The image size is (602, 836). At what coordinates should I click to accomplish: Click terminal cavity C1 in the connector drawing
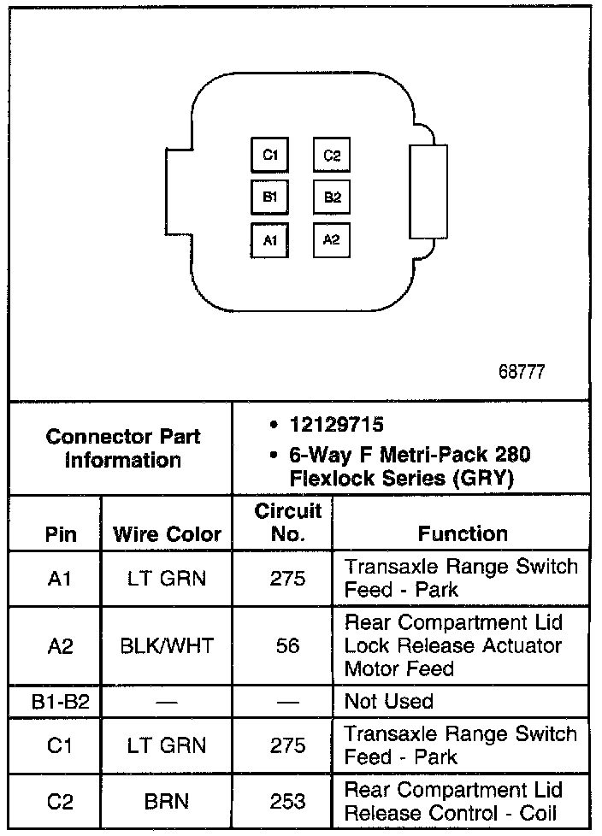coord(270,156)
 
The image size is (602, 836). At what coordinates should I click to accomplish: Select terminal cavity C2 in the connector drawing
coord(332,156)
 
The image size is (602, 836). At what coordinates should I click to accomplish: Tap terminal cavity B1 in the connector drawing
coord(270,197)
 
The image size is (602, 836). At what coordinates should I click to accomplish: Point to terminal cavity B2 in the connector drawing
coord(332,197)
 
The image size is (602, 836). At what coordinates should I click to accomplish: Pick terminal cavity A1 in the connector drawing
coord(270,240)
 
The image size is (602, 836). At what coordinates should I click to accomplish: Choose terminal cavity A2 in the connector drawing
coord(332,240)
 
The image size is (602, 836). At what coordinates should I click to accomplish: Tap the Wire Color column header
coord(167,535)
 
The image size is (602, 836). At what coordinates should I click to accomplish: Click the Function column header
coord(463,534)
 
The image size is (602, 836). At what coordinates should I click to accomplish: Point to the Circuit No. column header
coord(287,522)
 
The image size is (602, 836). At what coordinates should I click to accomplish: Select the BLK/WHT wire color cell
coord(167,645)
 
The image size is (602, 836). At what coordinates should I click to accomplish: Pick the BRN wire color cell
coord(167,801)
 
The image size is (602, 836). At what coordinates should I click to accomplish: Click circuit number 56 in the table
coord(287,645)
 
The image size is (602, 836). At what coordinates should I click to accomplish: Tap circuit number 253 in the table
coord(287,801)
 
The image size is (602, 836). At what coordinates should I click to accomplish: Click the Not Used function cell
coord(389,702)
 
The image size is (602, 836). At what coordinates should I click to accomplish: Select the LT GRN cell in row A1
coord(167,579)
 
